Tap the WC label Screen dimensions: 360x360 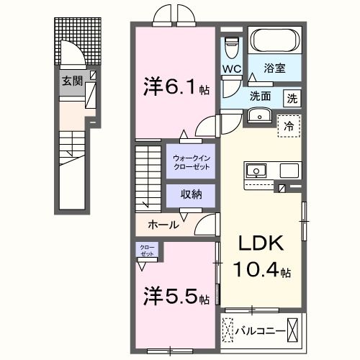(x=230, y=69)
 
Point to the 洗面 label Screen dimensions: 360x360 (x=260, y=95)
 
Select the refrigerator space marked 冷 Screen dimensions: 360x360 (x=289, y=125)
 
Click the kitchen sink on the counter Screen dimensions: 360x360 (x=256, y=170)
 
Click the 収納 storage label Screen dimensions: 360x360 (x=191, y=194)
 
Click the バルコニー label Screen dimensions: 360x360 (x=258, y=332)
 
